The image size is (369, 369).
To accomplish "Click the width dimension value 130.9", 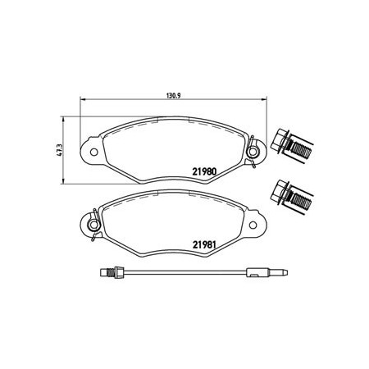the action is tap(174, 95).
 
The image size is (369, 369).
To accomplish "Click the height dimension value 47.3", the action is tap(60, 150).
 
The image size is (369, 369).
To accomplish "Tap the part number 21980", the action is tap(204, 171).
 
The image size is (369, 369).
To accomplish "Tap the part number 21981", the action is tap(204, 244).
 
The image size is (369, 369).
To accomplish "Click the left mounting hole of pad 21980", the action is tap(93, 152).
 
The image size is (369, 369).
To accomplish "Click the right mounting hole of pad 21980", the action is tap(253, 152).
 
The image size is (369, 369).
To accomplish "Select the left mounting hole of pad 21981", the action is tap(93, 225).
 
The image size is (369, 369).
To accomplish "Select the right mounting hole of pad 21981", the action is tap(253, 225).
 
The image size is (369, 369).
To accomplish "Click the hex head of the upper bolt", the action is tap(279, 139).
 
